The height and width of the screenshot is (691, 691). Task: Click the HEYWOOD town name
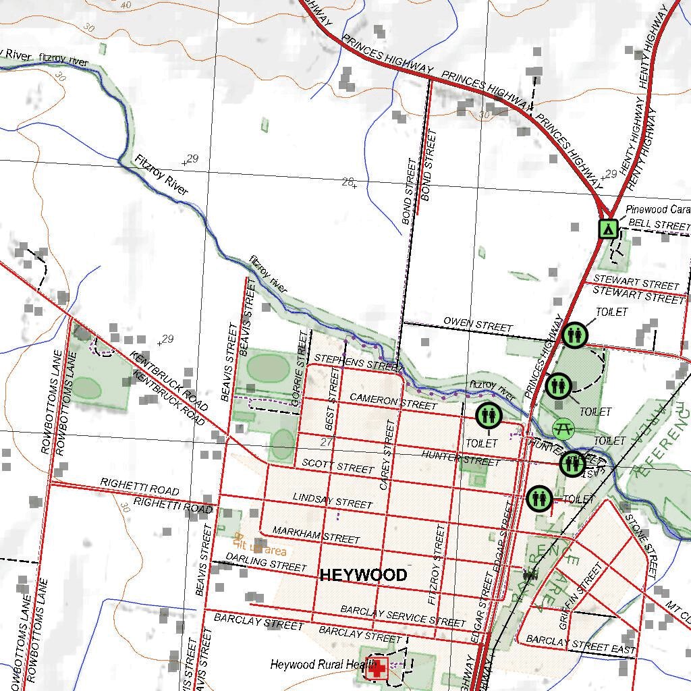[x=363, y=575]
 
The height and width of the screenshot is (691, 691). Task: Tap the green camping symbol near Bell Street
[x=608, y=229]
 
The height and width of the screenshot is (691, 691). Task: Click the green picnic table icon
[x=563, y=428]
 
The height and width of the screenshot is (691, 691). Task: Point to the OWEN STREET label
[x=478, y=324]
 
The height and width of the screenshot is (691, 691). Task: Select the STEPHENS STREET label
[x=358, y=362]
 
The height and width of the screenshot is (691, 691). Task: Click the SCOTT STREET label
[x=337, y=466]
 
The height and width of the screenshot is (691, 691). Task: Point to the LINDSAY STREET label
[x=332, y=501]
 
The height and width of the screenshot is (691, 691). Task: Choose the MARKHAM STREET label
[x=316, y=535]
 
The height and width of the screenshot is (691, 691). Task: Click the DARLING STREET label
[x=266, y=561]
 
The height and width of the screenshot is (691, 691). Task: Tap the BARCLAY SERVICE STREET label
[x=403, y=615]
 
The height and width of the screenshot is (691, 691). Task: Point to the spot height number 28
[x=348, y=181]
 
